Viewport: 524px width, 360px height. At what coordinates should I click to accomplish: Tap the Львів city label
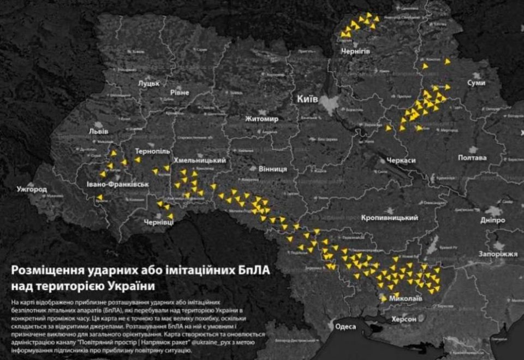[99, 131]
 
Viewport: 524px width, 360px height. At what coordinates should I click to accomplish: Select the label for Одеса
[345, 326]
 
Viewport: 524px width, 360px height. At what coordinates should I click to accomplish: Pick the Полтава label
[472, 157]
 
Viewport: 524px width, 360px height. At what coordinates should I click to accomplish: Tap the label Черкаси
[401, 161]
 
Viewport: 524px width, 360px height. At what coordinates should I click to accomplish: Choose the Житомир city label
[262, 119]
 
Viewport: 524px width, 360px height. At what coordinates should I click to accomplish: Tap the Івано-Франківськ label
[117, 184]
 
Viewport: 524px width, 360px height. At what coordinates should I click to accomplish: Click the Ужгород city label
[32, 190]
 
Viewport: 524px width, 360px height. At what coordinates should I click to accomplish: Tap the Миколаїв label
[405, 299]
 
